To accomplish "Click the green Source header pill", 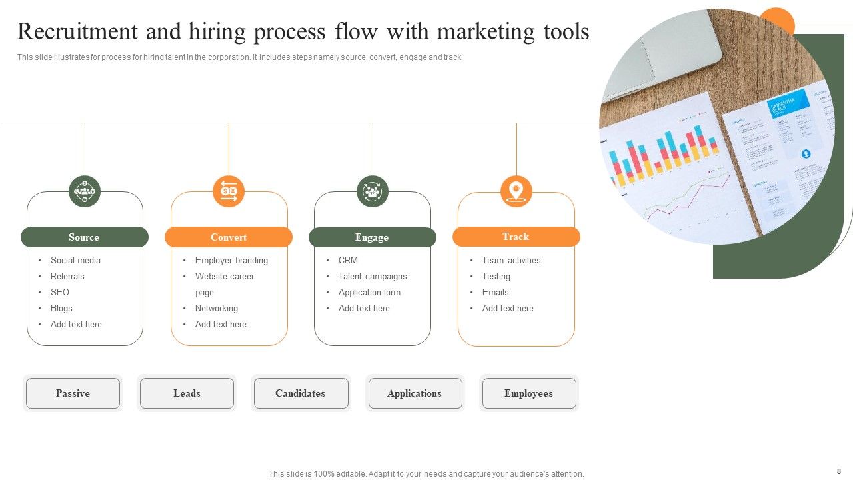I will (85, 237).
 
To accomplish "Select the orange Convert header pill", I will (229, 237).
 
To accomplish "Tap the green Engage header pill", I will (373, 237).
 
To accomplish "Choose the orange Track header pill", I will (516, 237).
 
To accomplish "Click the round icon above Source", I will (85, 191).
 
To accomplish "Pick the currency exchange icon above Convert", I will (229, 191).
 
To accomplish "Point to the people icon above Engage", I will (373, 191).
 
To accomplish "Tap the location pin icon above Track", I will (516, 191).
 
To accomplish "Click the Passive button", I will (73, 393).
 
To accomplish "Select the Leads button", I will (187, 393).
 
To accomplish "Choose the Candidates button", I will (301, 393).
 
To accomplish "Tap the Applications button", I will (415, 393).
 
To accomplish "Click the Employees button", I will (528, 393).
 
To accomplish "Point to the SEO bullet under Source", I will (60, 292).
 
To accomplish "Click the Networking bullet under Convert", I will (216, 308).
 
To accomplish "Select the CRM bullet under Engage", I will (348, 260).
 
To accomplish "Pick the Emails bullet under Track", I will (495, 292).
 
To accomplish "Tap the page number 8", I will (839, 471).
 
